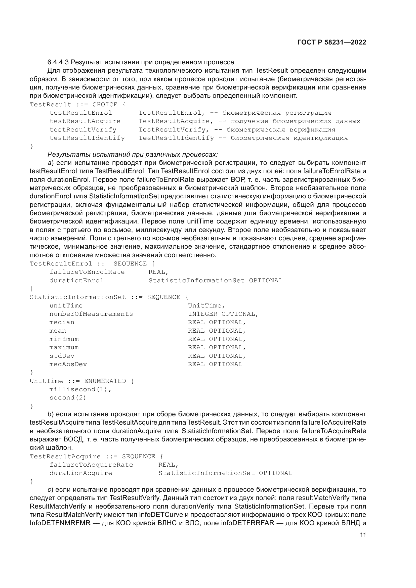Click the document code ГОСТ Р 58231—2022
click(331, 42)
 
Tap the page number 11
click(363, 535)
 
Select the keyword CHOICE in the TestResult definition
click(105, 105)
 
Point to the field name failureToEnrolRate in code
click(87, 272)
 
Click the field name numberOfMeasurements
click(91, 314)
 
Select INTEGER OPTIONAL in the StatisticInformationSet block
click(223, 314)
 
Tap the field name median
click(62, 322)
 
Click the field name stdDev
click(62, 356)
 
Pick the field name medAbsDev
click(68, 364)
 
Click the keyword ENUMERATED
click(105, 381)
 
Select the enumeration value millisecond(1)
click(81, 389)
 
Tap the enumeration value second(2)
click(68, 398)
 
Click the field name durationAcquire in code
click(81, 473)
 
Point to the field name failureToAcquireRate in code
click(91, 465)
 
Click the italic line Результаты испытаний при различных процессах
click(133, 154)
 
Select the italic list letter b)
click(50, 414)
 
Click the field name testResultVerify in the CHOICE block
click(83, 129)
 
